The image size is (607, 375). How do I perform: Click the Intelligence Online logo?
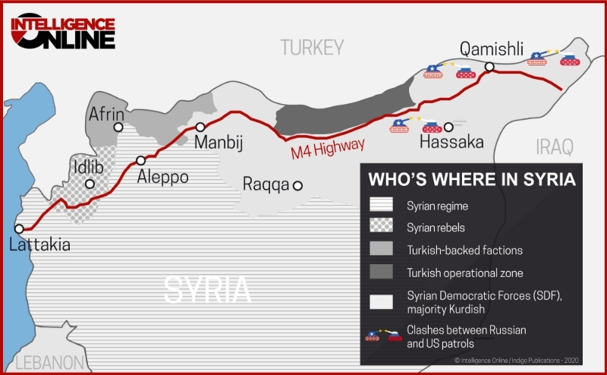(x=62, y=30)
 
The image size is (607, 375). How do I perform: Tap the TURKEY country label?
(x=312, y=48)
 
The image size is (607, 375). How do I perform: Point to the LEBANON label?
(x=49, y=362)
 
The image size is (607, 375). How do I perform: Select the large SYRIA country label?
(x=207, y=289)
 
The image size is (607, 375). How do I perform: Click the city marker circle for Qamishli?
(x=490, y=68)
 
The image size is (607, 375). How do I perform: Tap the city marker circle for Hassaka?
(x=448, y=127)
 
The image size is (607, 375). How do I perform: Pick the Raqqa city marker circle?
(x=298, y=184)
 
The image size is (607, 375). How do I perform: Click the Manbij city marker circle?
(x=200, y=127)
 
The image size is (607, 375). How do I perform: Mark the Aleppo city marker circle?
(x=140, y=160)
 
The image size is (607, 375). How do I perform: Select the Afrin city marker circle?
(x=118, y=128)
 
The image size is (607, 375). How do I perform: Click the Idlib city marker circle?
(x=90, y=184)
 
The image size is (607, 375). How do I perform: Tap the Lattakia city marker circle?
(x=20, y=228)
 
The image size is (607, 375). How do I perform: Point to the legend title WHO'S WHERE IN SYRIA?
(x=470, y=180)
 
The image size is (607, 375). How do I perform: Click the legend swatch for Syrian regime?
(x=382, y=206)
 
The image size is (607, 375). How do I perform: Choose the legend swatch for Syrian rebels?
(x=382, y=227)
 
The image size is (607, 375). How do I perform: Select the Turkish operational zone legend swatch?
(x=382, y=273)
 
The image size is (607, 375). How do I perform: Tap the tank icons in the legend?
(x=383, y=334)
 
